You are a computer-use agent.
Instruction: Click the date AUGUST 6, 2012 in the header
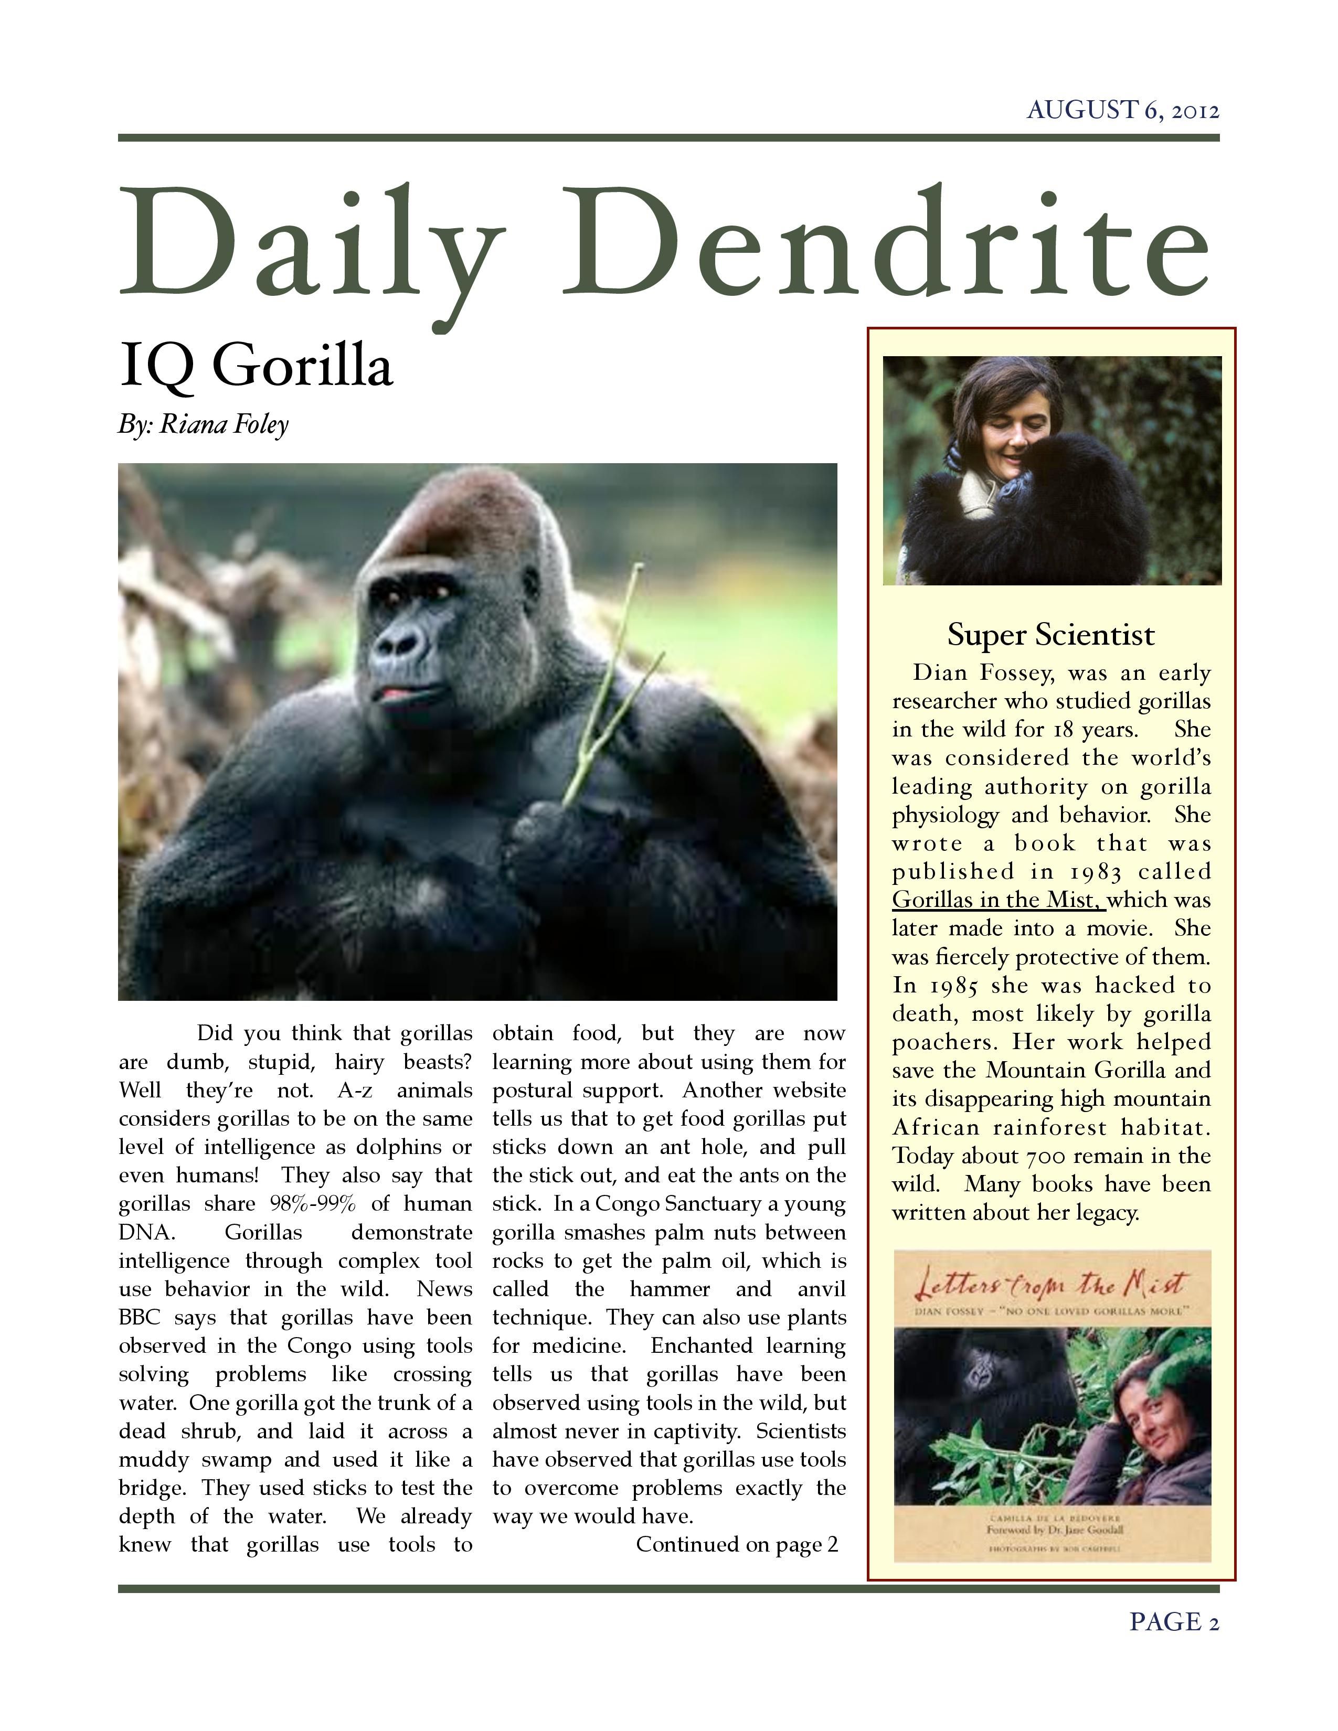pyautogui.click(x=1122, y=110)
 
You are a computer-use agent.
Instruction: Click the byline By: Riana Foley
pyautogui.click(x=203, y=425)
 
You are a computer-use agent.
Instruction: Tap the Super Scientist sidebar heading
pyautogui.click(x=1050, y=635)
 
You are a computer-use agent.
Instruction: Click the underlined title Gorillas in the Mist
pyautogui.click(x=996, y=900)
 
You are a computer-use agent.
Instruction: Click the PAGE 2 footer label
pyautogui.click(x=1173, y=1621)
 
